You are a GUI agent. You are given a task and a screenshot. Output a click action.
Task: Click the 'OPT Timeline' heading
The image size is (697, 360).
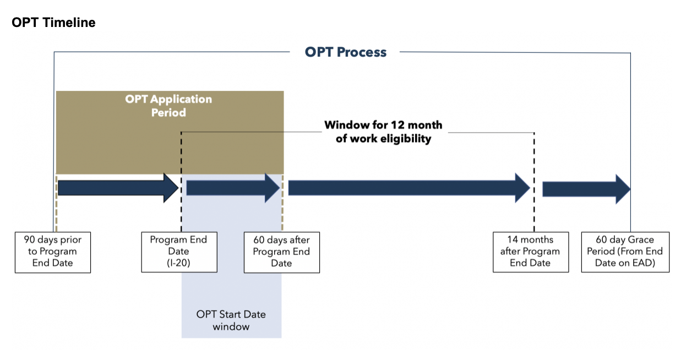pyautogui.click(x=53, y=23)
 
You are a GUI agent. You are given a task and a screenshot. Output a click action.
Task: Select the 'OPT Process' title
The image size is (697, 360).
pyautogui.click(x=345, y=52)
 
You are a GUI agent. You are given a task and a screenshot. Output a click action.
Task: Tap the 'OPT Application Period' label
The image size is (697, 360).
pyautogui.click(x=168, y=106)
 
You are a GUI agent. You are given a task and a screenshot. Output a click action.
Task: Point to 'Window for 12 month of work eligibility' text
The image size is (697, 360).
pyautogui.click(x=383, y=132)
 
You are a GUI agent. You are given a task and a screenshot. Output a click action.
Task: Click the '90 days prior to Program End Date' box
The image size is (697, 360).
pyautogui.click(x=52, y=252)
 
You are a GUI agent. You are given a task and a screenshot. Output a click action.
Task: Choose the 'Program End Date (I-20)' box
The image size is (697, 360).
pyautogui.click(x=179, y=252)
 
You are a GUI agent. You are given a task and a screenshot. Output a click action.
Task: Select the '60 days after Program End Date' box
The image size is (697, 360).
pyautogui.click(x=281, y=252)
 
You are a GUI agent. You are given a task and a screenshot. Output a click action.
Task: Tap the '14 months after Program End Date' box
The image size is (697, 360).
pyautogui.click(x=530, y=252)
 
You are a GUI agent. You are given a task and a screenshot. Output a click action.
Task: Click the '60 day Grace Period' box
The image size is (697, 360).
pyautogui.click(x=625, y=252)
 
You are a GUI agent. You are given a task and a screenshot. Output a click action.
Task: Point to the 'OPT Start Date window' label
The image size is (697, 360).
pyautogui.click(x=231, y=320)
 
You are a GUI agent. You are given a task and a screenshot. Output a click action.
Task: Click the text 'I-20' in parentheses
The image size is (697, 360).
pyautogui.click(x=179, y=263)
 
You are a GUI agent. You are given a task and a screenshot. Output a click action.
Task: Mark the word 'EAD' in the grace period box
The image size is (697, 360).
pyautogui.click(x=645, y=263)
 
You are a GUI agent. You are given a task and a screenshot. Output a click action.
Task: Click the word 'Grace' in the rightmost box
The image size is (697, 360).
pyautogui.click(x=641, y=240)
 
